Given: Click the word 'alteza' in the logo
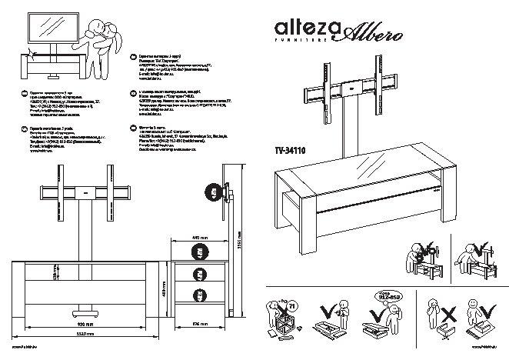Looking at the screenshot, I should (301, 28).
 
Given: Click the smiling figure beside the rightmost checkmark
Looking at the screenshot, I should (472, 258).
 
